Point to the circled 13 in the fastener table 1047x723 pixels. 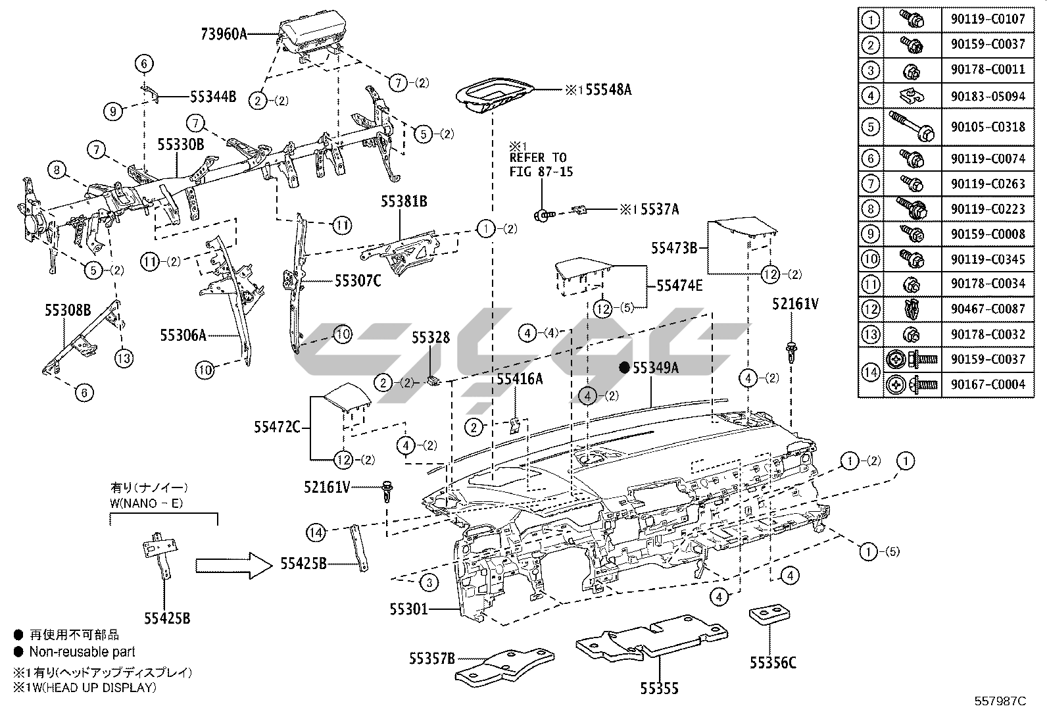coord(871,334)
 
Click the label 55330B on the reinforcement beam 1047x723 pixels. coord(180,144)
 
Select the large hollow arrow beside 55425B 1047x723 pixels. coord(233,565)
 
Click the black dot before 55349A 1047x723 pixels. coord(624,368)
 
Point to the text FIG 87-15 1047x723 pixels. coord(541,172)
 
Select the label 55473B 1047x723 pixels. coord(674,248)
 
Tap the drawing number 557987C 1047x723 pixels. coord(1000,701)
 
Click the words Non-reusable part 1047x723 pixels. coord(82,652)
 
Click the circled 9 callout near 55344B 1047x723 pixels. coord(113,112)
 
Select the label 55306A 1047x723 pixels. coord(183,336)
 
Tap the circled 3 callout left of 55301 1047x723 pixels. coord(429,582)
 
